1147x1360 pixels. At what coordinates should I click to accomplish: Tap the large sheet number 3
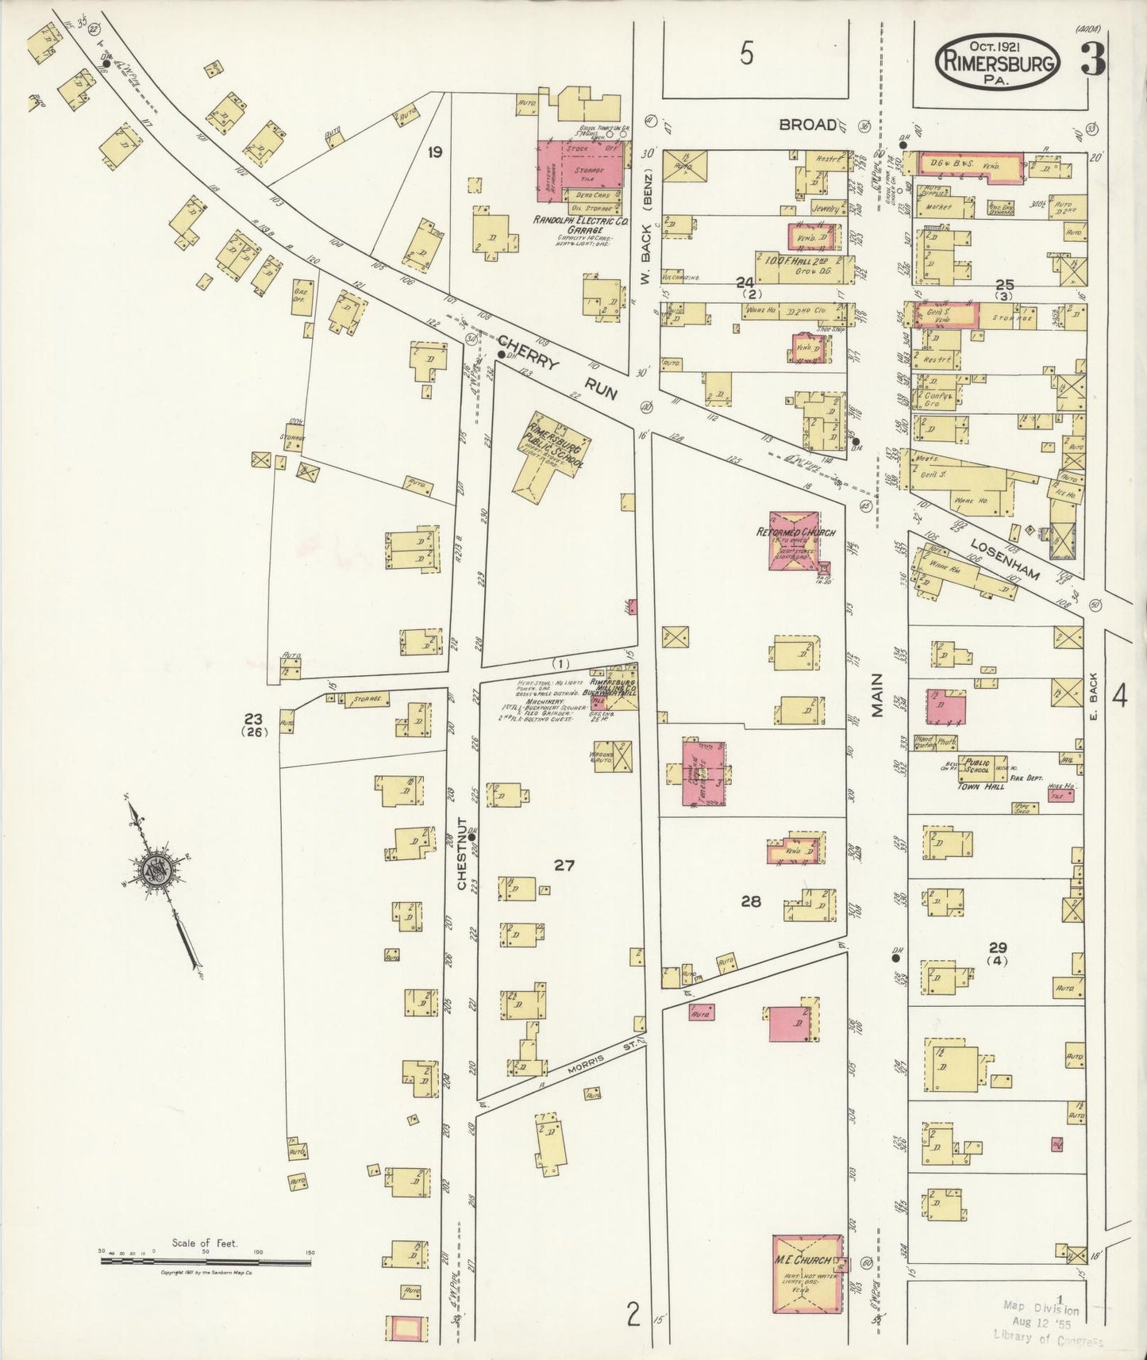click(1094, 60)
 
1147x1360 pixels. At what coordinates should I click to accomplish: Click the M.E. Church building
click(808, 1284)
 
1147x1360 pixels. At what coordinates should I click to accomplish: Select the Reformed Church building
click(795, 540)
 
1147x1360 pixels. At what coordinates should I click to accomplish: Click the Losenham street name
click(1004, 555)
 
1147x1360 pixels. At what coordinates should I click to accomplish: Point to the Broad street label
click(807, 125)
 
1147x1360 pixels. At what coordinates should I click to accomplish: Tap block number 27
click(564, 865)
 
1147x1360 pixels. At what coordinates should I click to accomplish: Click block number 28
click(751, 901)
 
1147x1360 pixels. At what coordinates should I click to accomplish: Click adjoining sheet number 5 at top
click(747, 54)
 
